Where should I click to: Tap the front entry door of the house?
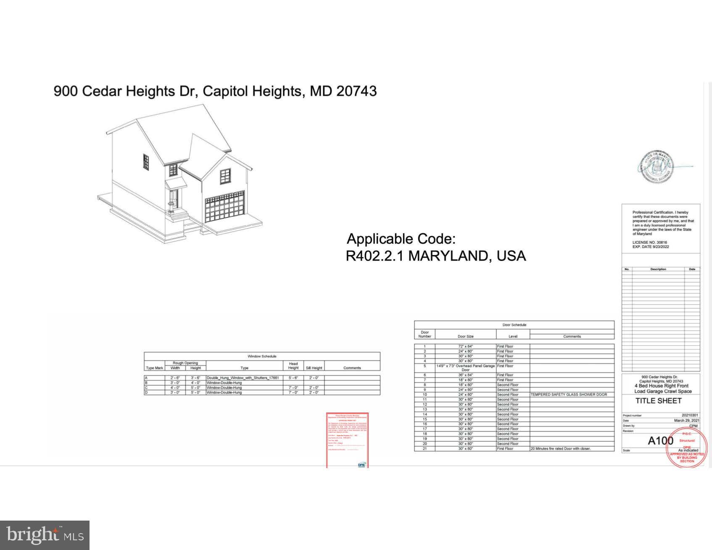[174, 199]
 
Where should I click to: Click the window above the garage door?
[225, 176]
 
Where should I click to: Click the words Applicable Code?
[401, 239]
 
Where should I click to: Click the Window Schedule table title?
[262, 356]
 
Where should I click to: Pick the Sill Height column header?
[314, 368]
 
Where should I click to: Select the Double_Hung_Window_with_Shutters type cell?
[243, 378]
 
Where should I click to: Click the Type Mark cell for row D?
[154, 392]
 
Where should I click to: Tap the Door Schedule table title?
[514, 325]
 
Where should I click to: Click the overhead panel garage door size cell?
[465, 368]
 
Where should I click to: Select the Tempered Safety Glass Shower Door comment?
[569, 395]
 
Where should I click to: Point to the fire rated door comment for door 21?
[560, 449]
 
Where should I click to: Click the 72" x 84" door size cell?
[465, 346]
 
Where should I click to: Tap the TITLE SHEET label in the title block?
[658, 401]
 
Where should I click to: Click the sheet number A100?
[660, 440]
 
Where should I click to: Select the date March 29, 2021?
[686, 420]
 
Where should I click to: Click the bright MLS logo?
[45, 535]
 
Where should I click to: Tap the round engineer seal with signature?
[657, 167]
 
